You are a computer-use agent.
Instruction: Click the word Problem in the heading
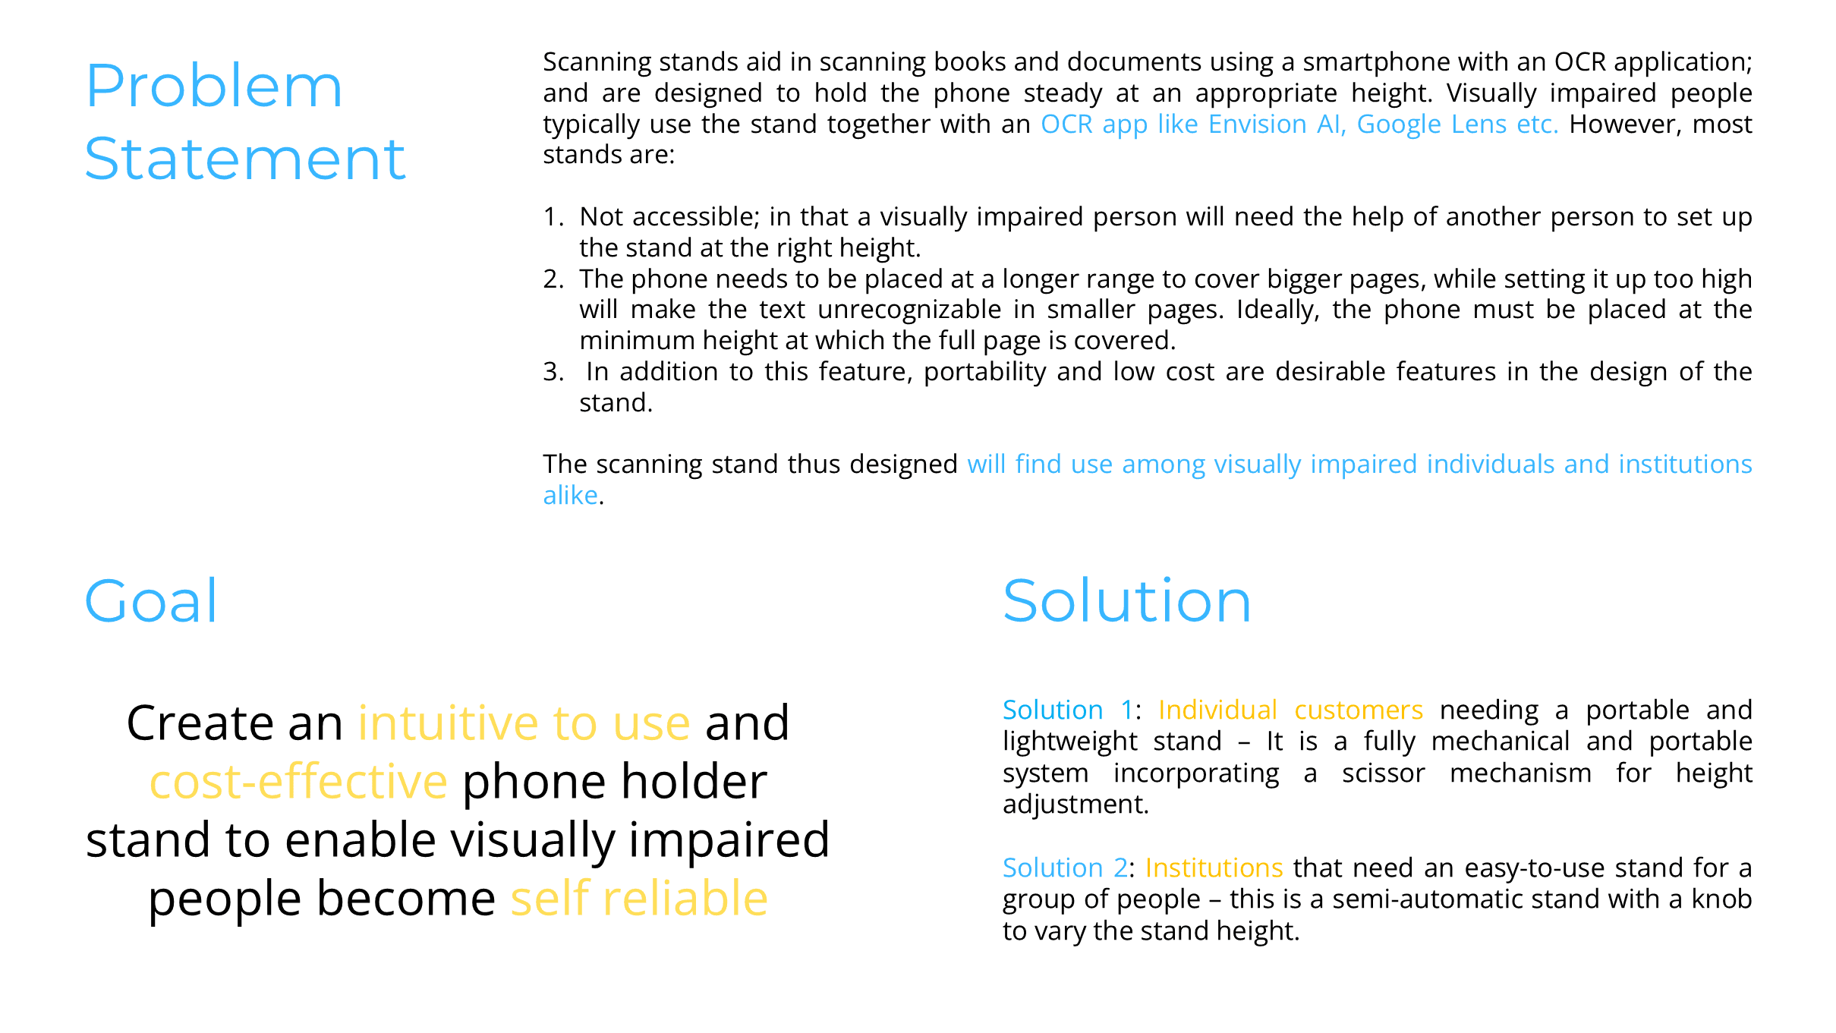(213, 87)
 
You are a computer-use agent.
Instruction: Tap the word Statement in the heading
(244, 159)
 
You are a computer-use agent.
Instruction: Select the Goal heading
(151, 601)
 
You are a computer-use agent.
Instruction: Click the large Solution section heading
(1126, 601)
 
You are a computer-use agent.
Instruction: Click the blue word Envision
(1257, 124)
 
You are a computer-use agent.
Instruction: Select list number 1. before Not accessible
(553, 218)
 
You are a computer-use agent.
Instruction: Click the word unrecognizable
(909, 310)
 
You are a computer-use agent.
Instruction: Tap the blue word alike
(570, 496)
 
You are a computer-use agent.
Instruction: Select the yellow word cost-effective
(298, 782)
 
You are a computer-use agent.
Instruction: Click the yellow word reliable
(685, 899)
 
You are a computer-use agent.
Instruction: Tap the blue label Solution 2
(1065, 868)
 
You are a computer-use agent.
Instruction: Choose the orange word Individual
(1217, 710)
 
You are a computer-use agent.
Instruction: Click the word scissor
(1383, 773)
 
